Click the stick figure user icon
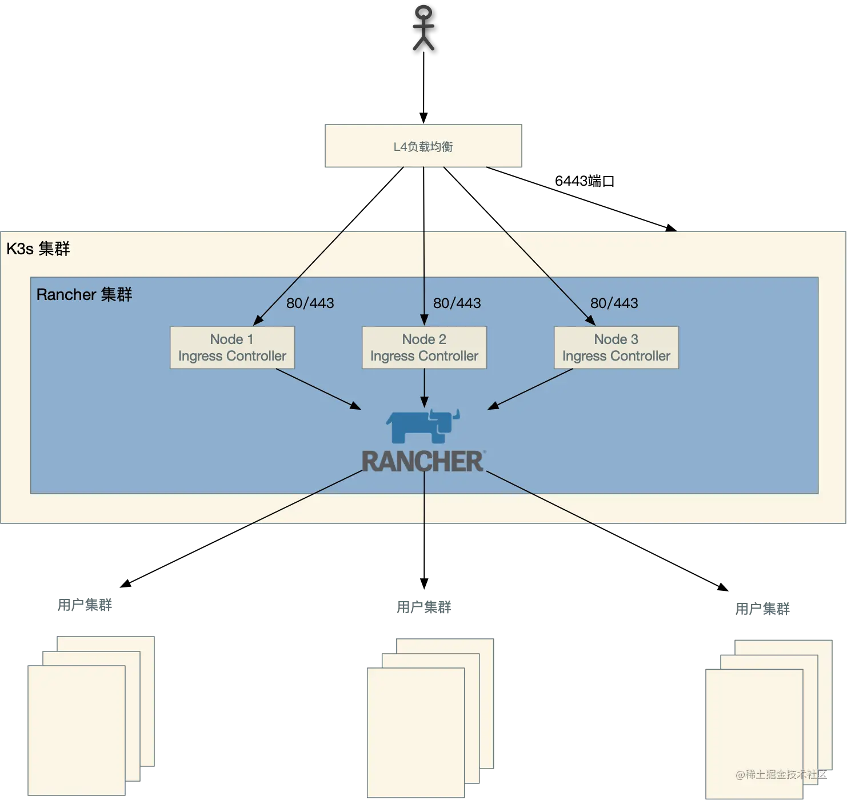[x=423, y=29]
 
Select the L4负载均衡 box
[x=424, y=146]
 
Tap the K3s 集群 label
[x=38, y=249]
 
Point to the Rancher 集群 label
[x=84, y=295]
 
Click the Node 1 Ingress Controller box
[x=232, y=347]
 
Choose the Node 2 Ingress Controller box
[x=424, y=347]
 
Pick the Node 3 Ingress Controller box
[x=616, y=347]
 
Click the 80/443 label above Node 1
[x=310, y=303]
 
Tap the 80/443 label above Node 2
[x=457, y=303]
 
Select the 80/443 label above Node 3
[x=614, y=303]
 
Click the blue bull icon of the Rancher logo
[x=423, y=426]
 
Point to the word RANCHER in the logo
[x=423, y=462]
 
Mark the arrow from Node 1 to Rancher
[x=318, y=389]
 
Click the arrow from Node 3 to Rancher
[x=530, y=389]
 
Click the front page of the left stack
[x=77, y=730]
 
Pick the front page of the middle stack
[x=415, y=733]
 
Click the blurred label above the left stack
[x=84, y=603]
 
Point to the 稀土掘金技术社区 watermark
[x=781, y=774]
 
